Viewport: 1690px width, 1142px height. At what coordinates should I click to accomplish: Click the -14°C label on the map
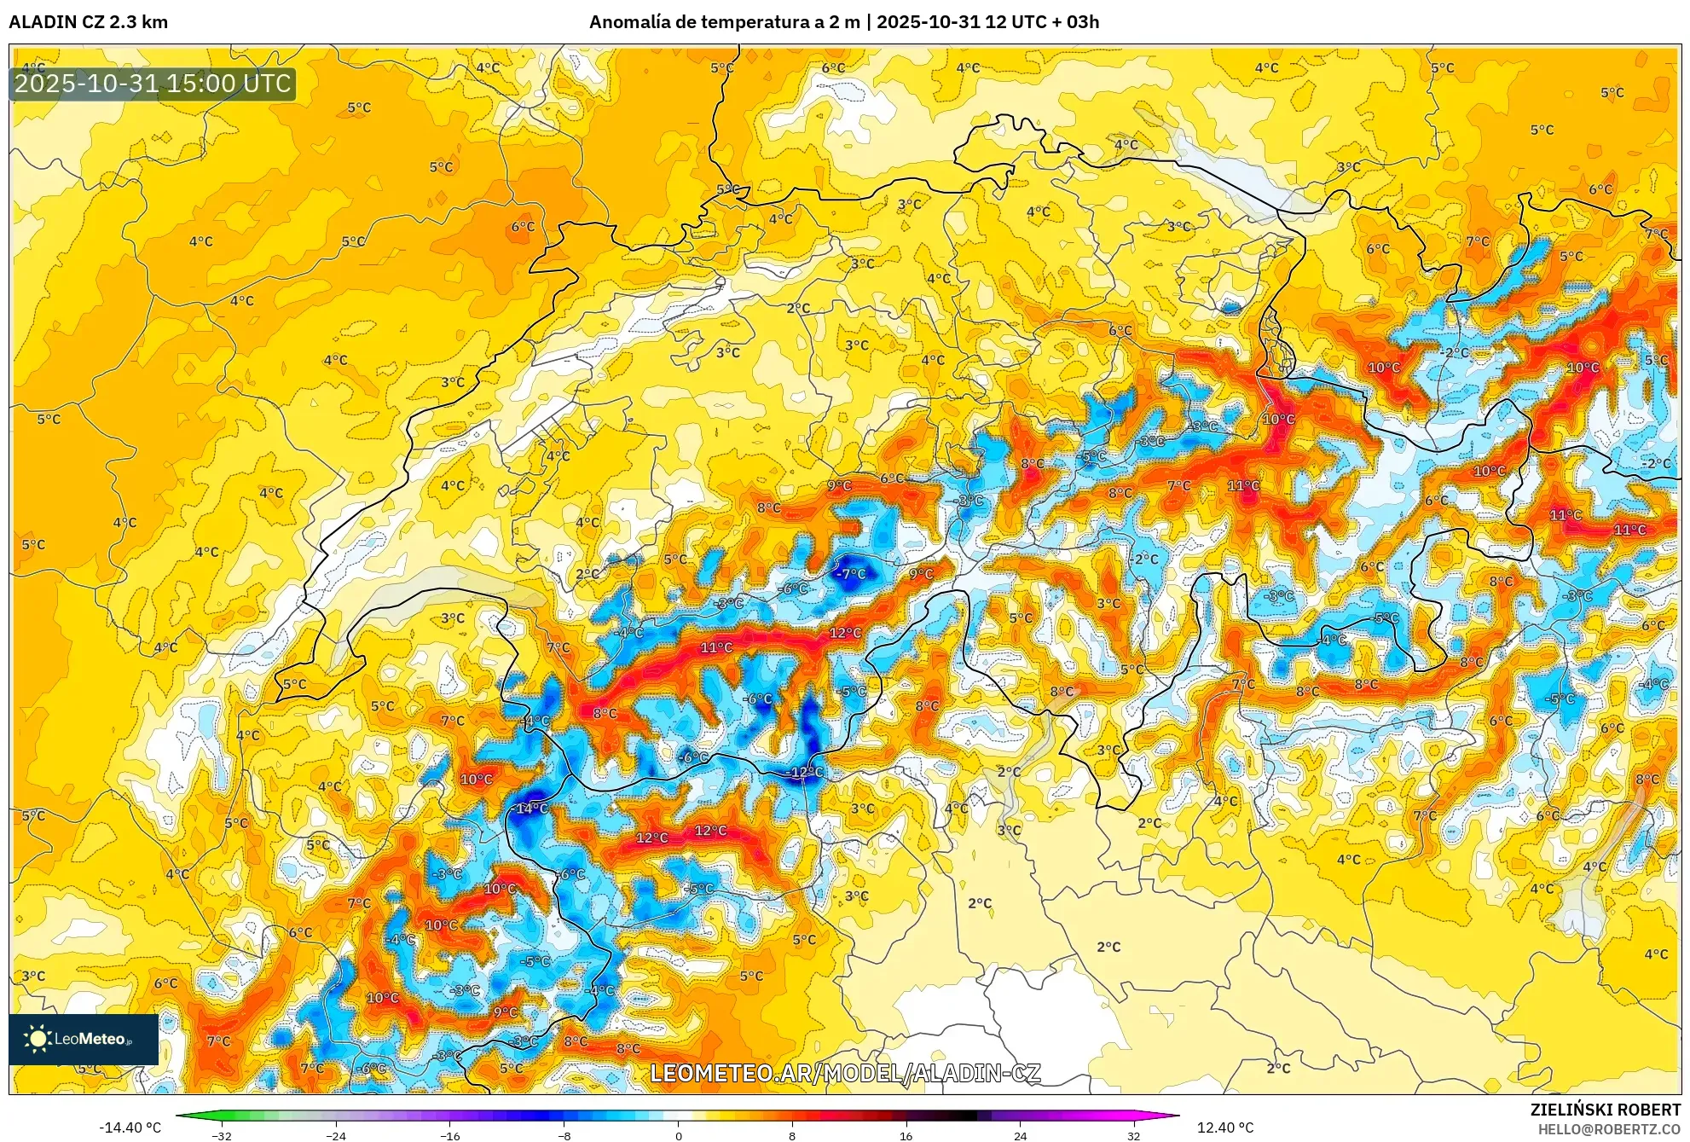click(531, 808)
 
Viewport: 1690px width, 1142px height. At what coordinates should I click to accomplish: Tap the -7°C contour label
click(850, 574)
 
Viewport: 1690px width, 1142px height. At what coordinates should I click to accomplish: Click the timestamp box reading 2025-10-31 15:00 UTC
click(153, 84)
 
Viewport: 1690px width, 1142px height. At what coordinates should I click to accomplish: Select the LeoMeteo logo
click(83, 1039)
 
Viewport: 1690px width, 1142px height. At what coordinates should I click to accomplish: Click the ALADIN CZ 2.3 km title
click(88, 22)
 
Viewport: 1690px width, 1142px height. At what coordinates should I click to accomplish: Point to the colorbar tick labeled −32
click(222, 1135)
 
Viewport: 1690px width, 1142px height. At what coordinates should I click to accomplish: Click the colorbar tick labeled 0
click(678, 1135)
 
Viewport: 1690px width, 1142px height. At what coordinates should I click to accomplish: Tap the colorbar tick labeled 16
click(906, 1135)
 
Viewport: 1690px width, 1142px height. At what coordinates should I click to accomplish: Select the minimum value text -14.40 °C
click(130, 1128)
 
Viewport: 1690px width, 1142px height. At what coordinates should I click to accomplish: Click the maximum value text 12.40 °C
click(1225, 1128)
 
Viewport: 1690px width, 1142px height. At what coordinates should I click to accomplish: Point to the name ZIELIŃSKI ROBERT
click(1605, 1110)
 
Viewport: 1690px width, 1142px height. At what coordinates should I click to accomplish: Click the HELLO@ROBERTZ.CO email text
click(1609, 1129)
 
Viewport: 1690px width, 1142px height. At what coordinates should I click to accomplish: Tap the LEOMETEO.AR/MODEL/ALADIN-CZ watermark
click(845, 1073)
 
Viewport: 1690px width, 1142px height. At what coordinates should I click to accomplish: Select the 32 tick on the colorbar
click(1133, 1135)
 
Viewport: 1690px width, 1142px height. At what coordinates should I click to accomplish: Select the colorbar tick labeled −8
click(564, 1135)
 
